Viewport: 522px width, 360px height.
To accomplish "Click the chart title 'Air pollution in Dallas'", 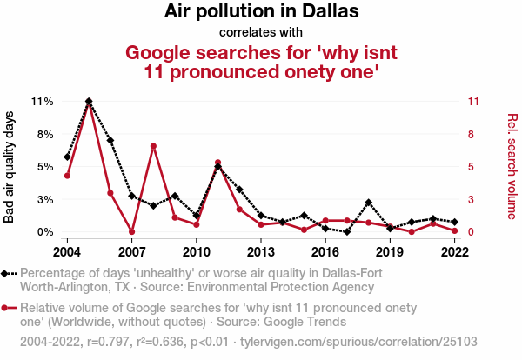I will point(261,13).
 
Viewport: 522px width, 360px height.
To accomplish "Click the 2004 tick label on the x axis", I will point(67,252).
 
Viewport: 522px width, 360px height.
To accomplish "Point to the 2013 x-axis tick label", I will point(261,252).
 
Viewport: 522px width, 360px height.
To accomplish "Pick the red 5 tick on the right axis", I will point(471,167).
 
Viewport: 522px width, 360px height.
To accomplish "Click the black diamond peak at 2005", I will point(89,102).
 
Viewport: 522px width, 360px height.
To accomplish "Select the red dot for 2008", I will point(153,146).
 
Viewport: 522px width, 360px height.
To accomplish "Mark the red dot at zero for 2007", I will point(131,231).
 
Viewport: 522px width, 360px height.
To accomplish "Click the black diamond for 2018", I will point(369,203).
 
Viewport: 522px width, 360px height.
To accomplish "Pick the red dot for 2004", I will point(67,176).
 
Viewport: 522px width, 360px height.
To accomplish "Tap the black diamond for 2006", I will point(110,140).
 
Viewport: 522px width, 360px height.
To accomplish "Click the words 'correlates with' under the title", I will point(261,33).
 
